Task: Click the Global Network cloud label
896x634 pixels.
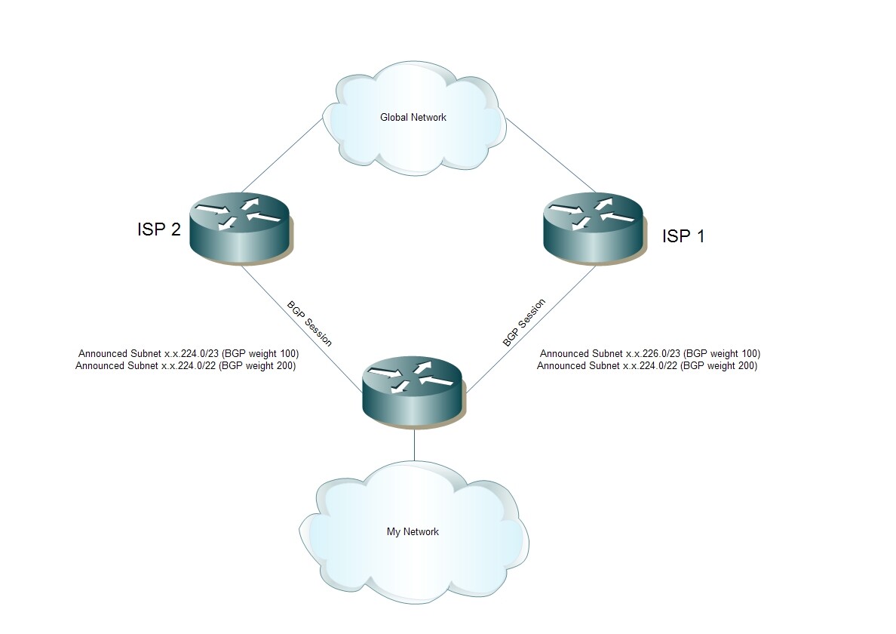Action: (413, 117)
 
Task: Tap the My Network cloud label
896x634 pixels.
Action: (413, 531)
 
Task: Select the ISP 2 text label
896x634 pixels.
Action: (158, 229)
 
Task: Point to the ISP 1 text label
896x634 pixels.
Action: (683, 236)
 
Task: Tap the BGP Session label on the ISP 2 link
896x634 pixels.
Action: (308, 323)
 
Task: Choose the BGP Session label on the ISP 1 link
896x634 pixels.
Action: (524, 323)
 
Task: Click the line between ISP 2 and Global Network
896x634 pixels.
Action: (281, 155)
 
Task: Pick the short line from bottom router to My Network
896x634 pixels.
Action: (414, 444)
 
